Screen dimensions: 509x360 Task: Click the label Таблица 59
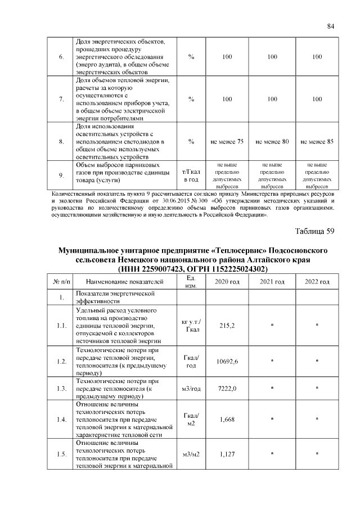click(x=314, y=231)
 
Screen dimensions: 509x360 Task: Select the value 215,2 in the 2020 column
click(x=227, y=325)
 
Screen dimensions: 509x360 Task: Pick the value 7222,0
click(x=227, y=389)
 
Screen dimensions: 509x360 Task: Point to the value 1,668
click(x=227, y=419)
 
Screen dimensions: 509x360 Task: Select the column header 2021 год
click(x=272, y=281)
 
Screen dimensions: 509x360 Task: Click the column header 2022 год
click(x=317, y=281)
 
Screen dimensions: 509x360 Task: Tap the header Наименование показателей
click(x=125, y=281)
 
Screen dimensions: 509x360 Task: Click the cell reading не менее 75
click(x=227, y=142)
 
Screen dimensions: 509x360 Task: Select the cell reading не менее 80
click(x=272, y=142)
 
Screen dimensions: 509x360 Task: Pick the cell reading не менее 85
click(x=317, y=142)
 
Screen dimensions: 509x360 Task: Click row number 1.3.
click(x=61, y=389)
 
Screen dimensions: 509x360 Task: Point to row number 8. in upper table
click(x=61, y=142)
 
